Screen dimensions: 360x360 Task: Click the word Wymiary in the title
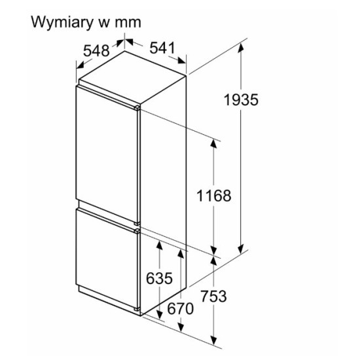coord(62,23)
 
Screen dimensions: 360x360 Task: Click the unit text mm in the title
coord(128,23)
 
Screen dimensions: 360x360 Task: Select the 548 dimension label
coord(96,51)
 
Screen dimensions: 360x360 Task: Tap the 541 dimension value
coord(162,48)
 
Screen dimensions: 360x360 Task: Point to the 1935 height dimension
coord(241,100)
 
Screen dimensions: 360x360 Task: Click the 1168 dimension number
coord(214,196)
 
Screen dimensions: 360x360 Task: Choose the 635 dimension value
coord(159,278)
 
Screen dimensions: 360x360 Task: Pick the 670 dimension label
coord(180,308)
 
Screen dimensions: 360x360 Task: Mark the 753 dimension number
coord(214,296)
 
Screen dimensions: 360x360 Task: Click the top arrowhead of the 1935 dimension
coord(241,48)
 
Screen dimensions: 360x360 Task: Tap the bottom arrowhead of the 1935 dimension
coord(241,249)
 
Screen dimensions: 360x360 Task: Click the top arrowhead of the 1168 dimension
coord(214,143)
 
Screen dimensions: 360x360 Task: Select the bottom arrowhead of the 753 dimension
coord(214,340)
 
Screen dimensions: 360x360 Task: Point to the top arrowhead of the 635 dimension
coord(159,245)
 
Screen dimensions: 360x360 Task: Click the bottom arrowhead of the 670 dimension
coord(181,327)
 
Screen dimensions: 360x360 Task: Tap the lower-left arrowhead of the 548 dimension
coord(80,65)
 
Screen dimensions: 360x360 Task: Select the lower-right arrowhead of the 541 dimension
coord(181,60)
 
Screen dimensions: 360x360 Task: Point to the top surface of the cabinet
coord(132,77)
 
